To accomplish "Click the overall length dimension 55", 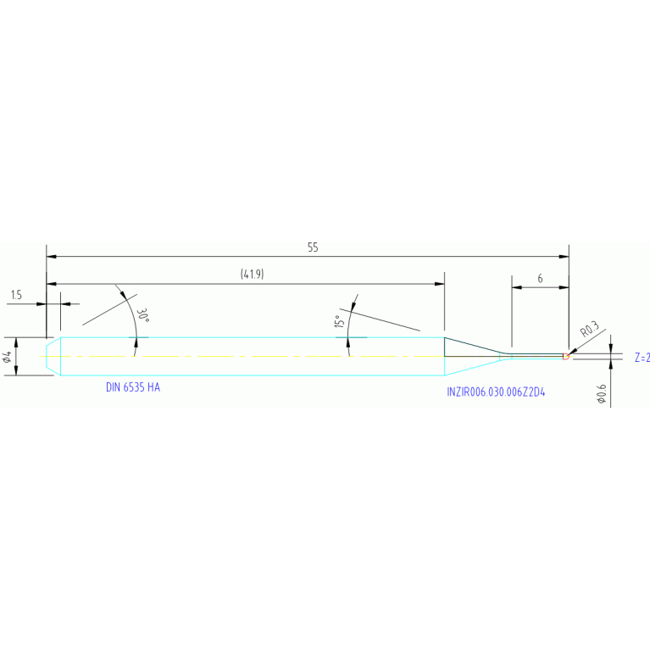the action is [313, 247].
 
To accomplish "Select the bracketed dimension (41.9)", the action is [252, 274].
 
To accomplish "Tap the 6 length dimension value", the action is [540, 279].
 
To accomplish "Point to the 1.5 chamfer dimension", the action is [16, 295].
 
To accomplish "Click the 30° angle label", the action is [142, 315].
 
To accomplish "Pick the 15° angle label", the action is [339, 321].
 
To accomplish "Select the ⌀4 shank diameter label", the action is [7, 357].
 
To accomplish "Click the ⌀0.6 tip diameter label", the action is [601, 394].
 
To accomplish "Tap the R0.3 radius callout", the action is [590, 329].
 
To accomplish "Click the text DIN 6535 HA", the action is [133, 387].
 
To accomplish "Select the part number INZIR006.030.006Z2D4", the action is [496, 392].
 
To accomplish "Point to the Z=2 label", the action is [642, 358].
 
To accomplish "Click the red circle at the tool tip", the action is [565, 357].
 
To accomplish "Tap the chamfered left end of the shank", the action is [53, 357].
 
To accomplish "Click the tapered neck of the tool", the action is [477, 357].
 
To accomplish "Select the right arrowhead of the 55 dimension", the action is [564, 257].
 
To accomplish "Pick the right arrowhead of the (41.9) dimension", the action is [440, 284].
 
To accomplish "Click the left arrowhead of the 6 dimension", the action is [517, 287].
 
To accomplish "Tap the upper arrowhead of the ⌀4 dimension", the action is [16, 343].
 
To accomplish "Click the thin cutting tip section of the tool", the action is [536, 357].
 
